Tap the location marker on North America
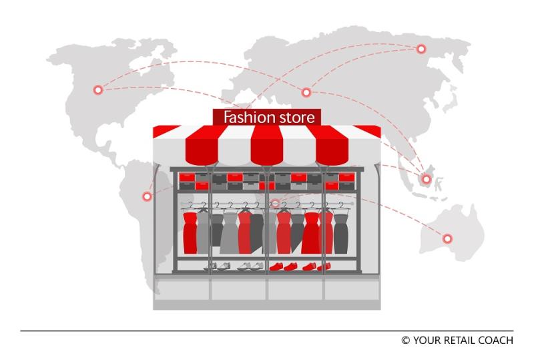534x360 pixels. [x=98, y=89]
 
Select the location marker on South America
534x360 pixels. [x=147, y=196]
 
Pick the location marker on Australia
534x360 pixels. [x=447, y=238]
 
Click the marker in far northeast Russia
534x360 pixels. [x=421, y=49]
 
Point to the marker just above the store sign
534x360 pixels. [x=306, y=92]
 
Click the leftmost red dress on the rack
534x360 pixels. [x=190, y=230]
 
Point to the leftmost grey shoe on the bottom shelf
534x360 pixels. [x=211, y=266]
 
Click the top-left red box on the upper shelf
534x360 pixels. [x=187, y=176]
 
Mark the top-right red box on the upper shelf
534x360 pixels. [x=347, y=176]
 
